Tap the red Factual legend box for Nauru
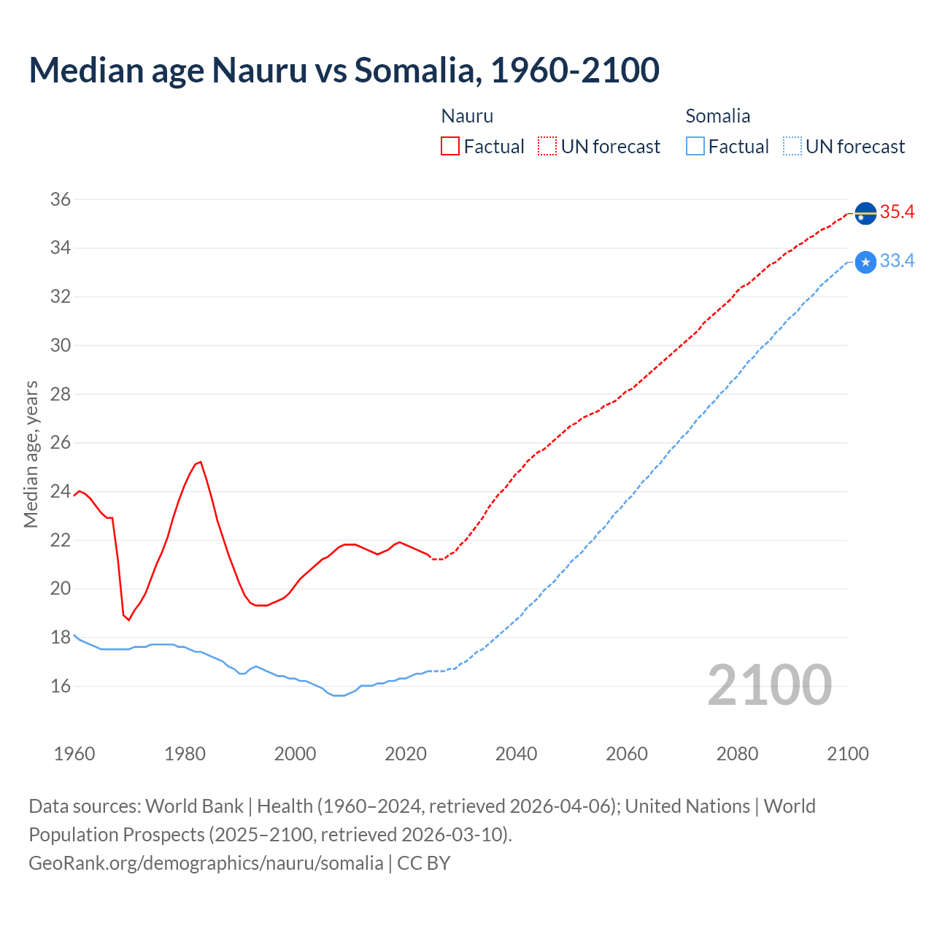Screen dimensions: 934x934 click(x=450, y=147)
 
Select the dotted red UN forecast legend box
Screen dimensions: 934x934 click(x=547, y=147)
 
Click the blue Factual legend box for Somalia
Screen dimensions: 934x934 click(x=695, y=147)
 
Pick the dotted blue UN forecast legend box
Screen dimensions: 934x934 click(x=792, y=147)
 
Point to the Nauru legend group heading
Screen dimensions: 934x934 click(x=467, y=116)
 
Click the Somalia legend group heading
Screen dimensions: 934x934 click(x=717, y=116)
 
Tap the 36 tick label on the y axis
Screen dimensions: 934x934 click(x=60, y=199)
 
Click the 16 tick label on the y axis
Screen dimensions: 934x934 click(x=60, y=686)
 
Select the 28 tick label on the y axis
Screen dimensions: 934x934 click(x=60, y=394)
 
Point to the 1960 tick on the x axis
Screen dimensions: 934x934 click(x=74, y=754)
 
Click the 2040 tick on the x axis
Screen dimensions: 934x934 click(x=516, y=754)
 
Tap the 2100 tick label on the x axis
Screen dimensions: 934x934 click(x=848, y=754)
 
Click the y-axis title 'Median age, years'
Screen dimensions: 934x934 click(x=31, y=454)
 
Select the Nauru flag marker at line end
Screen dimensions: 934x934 click(x=865, y=213)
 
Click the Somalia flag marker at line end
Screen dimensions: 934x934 click(x=865, y=262)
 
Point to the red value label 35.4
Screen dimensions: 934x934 click(x=897, y=212)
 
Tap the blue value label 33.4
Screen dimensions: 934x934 click(x=897, y=261)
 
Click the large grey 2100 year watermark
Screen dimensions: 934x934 click(x=770, y=685)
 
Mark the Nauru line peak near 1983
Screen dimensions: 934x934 click(x=201, y=462)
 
